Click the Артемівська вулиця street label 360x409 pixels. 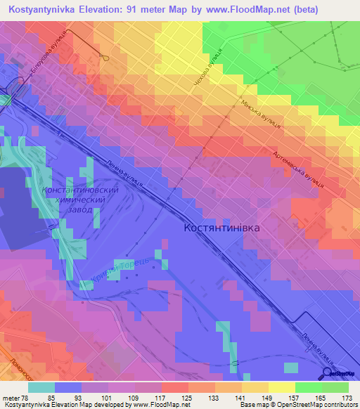tap(298, 169)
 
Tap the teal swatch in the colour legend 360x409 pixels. tap(41, 387)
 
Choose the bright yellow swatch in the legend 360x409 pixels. tap(281, 387)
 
